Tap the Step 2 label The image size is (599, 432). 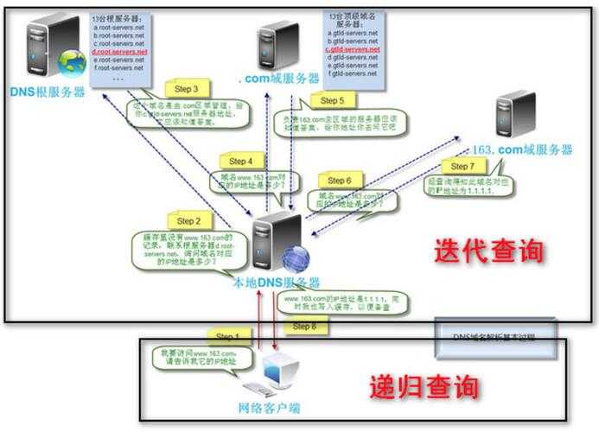click(x=188, y=221)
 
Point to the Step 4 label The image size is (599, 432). click(x=240, y=161)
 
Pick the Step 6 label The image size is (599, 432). click(x=336, y=181)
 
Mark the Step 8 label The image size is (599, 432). click(x=304, y=327)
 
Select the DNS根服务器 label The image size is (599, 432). click(x=48, y=92)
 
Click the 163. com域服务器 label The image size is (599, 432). click(x=523, y=149)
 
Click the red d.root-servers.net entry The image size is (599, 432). click(x=119, y=52)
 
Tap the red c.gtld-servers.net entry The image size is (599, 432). click(x=353, y=50)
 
